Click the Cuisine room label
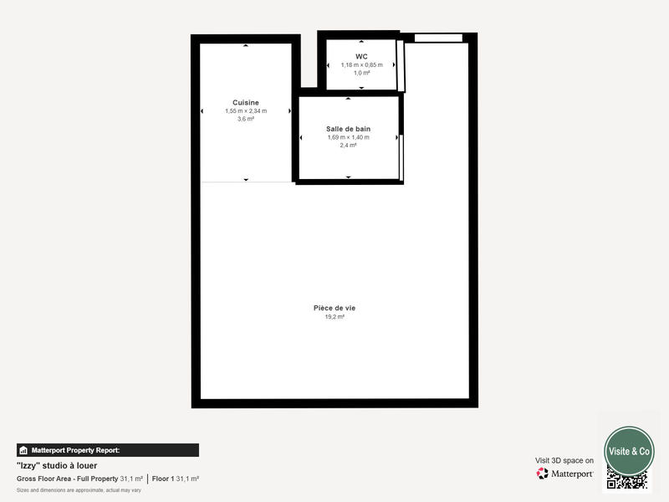[x=245, y=103]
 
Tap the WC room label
[x=361, y=57]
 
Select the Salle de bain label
[x=348, y=129]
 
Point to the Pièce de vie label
[x=334, y=308]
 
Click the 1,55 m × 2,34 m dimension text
[x=245, y=111]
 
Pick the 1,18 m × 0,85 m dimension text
[x=361, y=65]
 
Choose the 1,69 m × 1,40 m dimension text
[x=348, y=137]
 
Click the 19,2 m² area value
[x=334, y=317]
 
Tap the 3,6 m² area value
[x=245, y=120]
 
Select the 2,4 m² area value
[x=348, y=146]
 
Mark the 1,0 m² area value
[x=361, y=74]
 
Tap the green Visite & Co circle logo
[x=629, y=450]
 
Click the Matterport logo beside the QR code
[x=565, y=474]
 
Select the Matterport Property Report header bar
[x=108, y=450]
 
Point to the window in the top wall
[x=438, y=38]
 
